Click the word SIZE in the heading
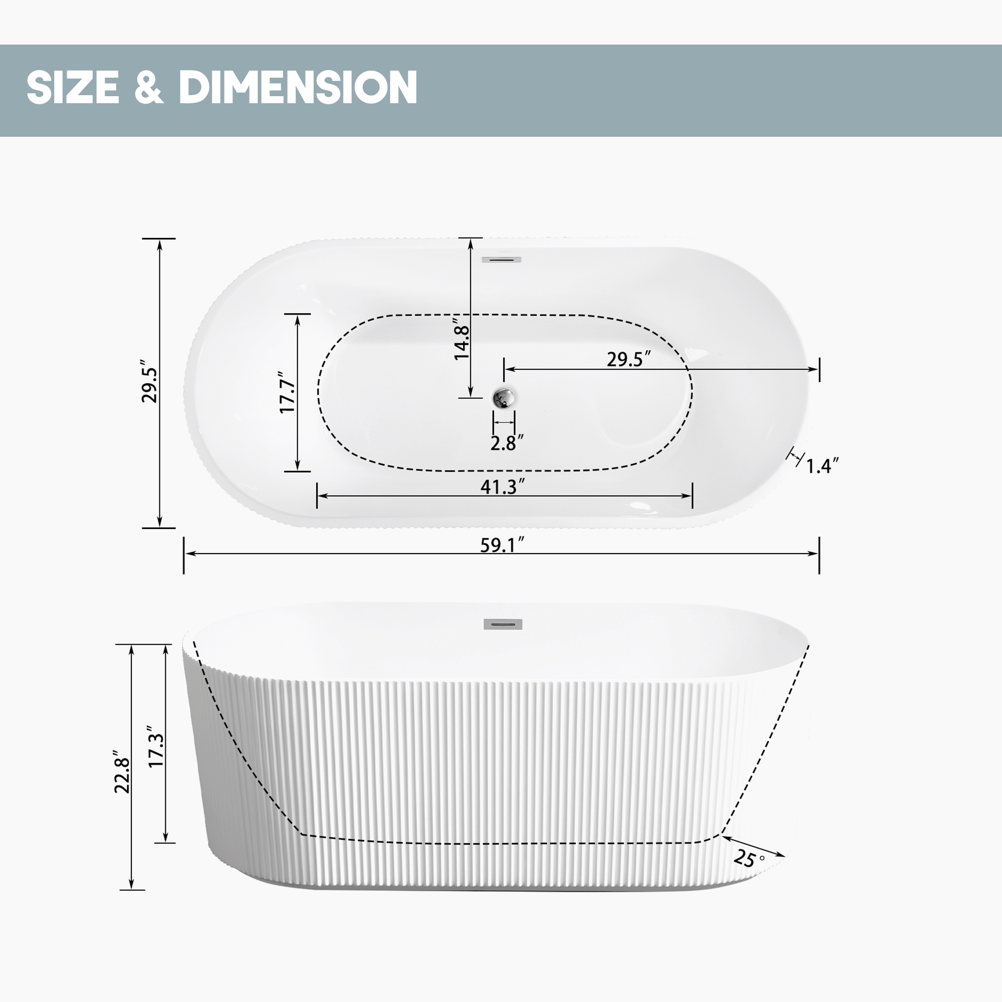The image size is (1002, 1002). pos(73,87)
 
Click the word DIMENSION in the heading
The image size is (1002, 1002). pos(298,87)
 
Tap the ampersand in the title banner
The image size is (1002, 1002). pos(148,87)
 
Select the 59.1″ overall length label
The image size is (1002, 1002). pos(502,545)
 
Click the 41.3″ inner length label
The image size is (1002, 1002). pos(502,486)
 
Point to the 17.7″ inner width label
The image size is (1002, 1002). pos(287,393)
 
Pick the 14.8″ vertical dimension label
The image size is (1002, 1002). pos(461,338)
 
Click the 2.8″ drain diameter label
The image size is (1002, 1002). pos(506,443)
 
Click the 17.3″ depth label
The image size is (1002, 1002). pos(156,747)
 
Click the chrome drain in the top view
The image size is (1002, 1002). pos(504,398)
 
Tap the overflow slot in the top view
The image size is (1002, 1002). pos(501,260)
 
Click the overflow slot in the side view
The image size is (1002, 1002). pos(503,624)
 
